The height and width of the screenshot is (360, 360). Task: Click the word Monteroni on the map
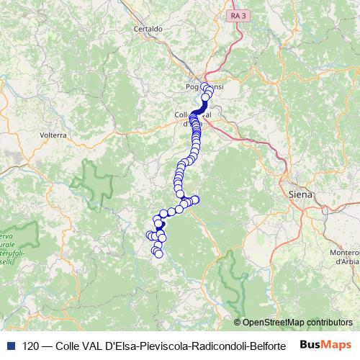click(x=343, y=252)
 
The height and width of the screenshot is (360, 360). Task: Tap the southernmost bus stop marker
click(x=158, y=253)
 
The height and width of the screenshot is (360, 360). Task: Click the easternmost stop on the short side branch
click(x=194, y=199)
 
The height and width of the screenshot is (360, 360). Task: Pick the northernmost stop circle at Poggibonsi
click(x=206, y=87)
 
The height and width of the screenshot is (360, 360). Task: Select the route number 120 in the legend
click(x=31, y=346)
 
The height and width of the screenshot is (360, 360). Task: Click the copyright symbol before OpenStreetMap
click(x=237, y=323)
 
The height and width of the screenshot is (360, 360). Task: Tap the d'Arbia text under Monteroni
click(x=346, y=262)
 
